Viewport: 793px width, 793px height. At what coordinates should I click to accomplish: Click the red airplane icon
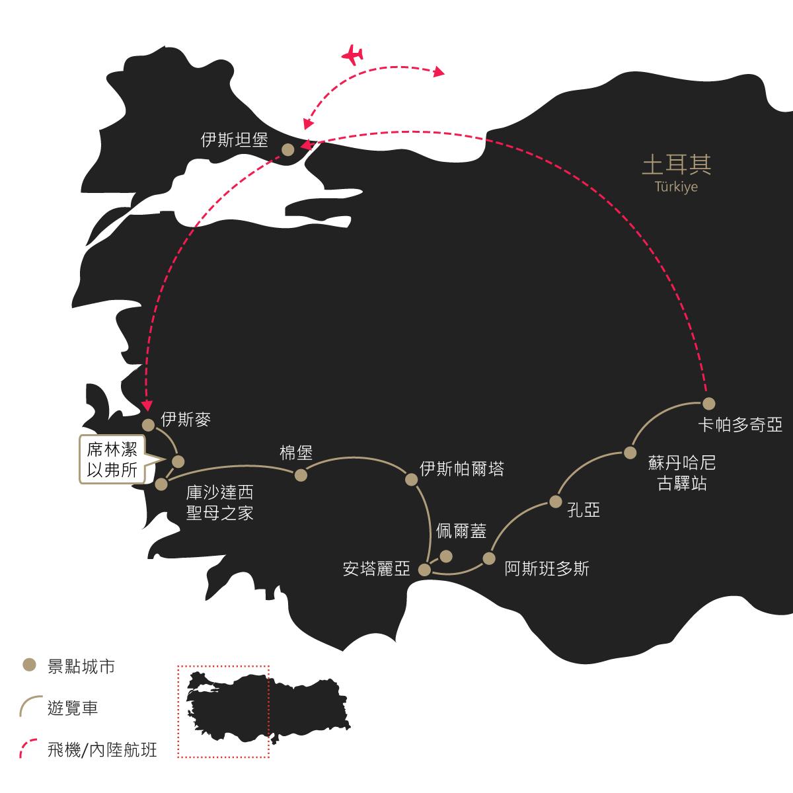click(352, 55)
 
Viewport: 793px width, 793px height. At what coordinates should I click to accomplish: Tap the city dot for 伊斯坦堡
click(287, 150)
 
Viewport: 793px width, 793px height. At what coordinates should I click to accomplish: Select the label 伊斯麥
click(186, 420)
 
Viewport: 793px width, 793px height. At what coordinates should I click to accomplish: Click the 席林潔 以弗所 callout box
click(112, 459)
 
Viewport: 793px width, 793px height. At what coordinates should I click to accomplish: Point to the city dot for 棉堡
click(301, 475)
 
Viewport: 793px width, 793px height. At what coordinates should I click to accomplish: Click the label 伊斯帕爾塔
click(462, 469)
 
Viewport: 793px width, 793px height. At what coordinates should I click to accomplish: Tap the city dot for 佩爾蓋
click(446, 557)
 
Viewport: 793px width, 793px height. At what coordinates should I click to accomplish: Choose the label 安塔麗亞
click(377, 569)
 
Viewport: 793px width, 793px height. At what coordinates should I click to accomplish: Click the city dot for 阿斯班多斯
click(489, 558)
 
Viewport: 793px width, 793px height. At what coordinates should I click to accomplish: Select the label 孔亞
click(584, 510)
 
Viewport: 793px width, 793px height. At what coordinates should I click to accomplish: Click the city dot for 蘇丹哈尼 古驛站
click(630, 453)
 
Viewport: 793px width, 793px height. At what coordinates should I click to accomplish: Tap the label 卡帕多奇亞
click(740, 425)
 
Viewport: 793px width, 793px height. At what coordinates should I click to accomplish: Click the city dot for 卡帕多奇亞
click(708, 404)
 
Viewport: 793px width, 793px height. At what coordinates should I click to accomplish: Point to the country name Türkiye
click(676, 187)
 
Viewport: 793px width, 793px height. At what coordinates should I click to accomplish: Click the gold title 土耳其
click(676, 165)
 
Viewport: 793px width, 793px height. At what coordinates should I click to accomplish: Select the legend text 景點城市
click(81, 667)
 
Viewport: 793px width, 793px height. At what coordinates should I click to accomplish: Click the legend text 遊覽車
click(73, 708)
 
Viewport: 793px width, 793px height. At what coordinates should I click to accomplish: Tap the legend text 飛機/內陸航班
click(102, 750)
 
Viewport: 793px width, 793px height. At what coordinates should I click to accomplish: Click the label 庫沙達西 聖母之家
click(220, 502)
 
